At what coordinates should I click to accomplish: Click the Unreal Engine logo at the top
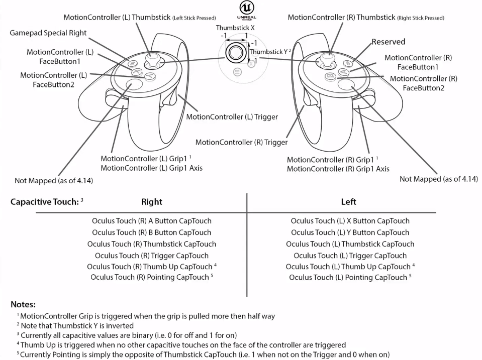(246, 11)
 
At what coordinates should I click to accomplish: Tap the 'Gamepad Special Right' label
(48, 33)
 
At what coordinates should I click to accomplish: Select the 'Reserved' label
(388, 42)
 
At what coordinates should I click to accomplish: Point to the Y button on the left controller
(149, 76)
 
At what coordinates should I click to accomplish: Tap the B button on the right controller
(331, 76)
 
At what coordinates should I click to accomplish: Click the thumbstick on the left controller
(151, 62)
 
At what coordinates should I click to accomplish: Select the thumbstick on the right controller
(328, 62)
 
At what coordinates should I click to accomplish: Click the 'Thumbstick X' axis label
(236, 28)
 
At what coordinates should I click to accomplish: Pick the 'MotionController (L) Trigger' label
(232, 117)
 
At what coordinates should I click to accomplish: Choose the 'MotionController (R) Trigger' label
(241, 142)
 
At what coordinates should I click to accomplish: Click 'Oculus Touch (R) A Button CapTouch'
(152, 221)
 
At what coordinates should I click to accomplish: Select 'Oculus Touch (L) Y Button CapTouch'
(350, 232)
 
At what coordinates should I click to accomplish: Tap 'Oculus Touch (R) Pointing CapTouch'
(149, 277)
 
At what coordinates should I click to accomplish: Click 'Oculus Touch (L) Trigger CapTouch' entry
(350, 256)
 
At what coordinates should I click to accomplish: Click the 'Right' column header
(152, 202)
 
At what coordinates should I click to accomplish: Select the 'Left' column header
(348, 202)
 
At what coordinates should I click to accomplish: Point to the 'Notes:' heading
(23, 304)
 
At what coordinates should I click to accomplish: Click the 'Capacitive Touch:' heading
(44, 202)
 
